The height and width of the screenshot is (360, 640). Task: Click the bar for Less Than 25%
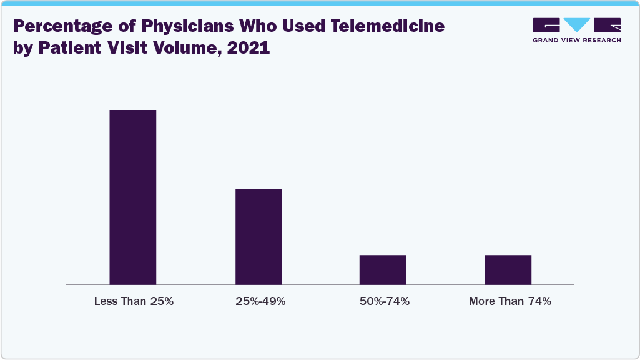point(133,197)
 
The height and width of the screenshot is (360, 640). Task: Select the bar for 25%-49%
point(258,236)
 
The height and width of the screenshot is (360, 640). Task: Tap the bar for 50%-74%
point(383,270)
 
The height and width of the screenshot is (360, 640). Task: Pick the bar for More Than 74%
point(508,270)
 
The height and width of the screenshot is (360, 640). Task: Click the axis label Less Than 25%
point(134,301)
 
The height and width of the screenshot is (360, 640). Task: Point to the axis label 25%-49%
point(260,301)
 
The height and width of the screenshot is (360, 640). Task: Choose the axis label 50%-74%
point(385,301)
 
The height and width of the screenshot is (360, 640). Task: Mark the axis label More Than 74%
point(510,301)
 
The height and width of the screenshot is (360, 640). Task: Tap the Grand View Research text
point(576,40)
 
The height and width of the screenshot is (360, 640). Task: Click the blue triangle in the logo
point(576,25)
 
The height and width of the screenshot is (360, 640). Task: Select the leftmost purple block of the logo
point(546,25)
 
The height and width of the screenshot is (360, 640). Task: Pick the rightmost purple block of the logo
point(608,25)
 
